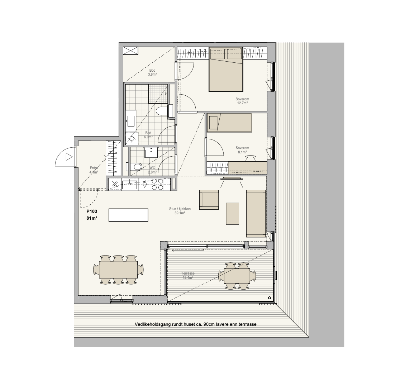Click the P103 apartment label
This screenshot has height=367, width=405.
tap(92, 211)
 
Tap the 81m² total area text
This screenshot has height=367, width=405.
tap(92, 218)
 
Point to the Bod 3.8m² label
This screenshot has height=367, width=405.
tap(152, 72)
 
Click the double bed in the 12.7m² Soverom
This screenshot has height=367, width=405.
tap(226, 69)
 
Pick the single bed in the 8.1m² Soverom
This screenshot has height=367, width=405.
tap(229, 123)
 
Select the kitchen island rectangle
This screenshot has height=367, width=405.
tap(128, 215)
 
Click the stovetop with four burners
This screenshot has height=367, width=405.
tap(157, 185)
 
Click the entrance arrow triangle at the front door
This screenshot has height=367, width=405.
tap(69, 157)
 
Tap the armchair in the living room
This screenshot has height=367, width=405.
tap(209, 200)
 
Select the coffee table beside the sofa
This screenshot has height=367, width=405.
tap(233, 214)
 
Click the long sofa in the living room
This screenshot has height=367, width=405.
tap(256, 214)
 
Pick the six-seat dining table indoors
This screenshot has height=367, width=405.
tap(118, 270)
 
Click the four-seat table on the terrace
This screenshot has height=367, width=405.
tap(237, 276)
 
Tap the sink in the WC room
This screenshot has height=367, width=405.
tap(151, 153)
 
